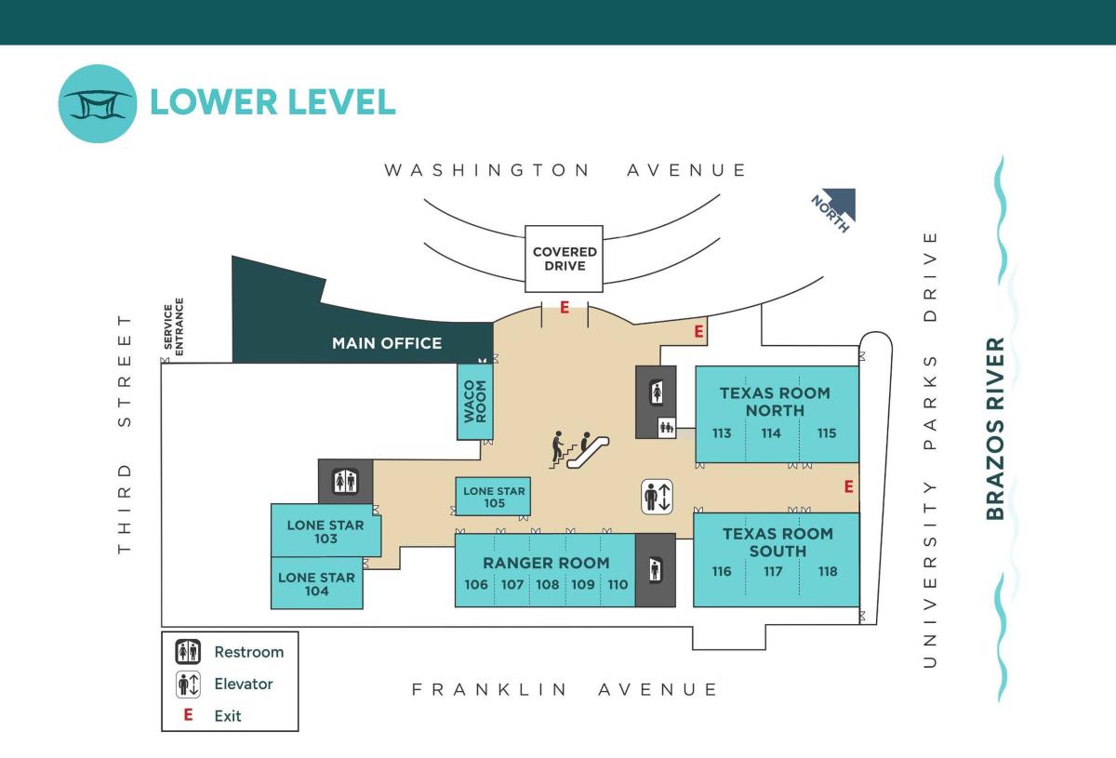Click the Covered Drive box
point(565,259)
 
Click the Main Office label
point(387,343)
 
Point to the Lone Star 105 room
point(493,497)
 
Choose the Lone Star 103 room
point(325,531)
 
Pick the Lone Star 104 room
point(316,583)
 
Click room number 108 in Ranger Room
point(548,585)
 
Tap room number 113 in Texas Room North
point(722,432)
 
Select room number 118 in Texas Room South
point(828,572)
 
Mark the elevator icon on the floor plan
point(657,496)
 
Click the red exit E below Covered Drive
point(564,307)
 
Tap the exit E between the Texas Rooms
point(847,485)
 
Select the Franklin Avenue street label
point(565,689)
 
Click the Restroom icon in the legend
point(189,652)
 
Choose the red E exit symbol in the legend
point(188,715)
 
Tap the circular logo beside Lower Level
point(98,103)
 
